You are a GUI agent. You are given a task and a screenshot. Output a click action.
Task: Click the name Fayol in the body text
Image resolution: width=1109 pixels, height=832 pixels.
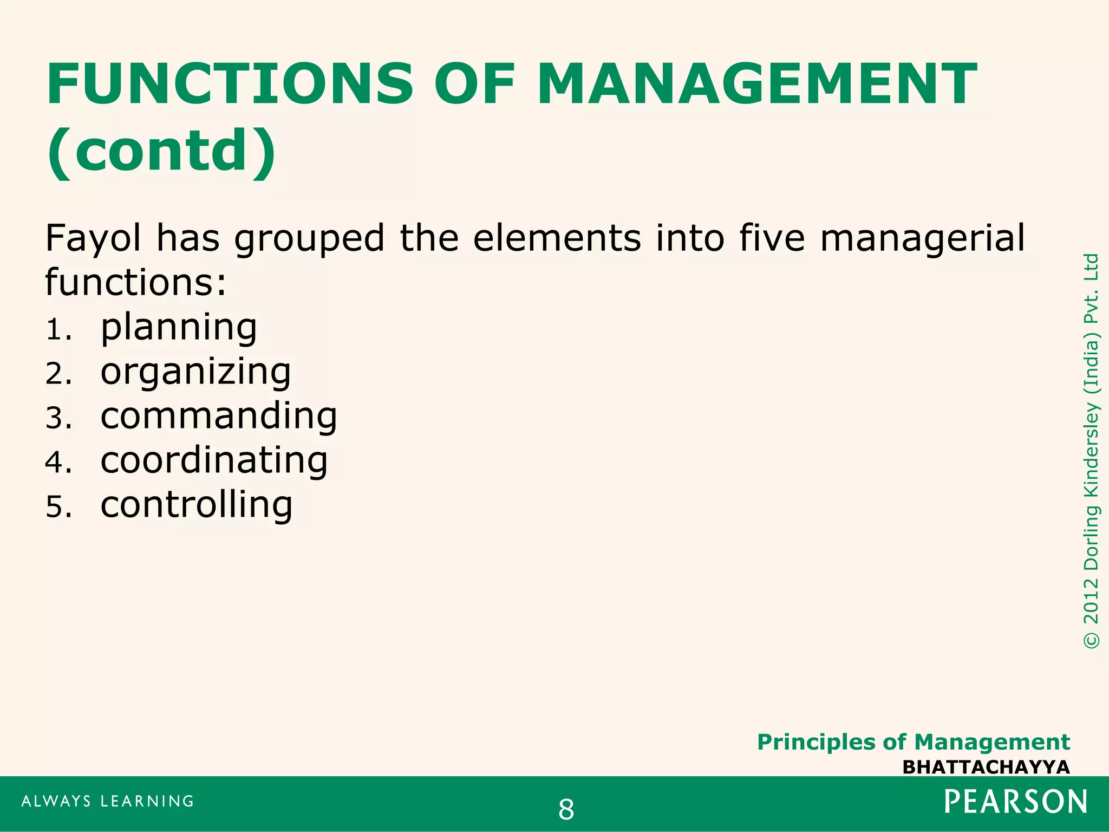click(x=93, y=238)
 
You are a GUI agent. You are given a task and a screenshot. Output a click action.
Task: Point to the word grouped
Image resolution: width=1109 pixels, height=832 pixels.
click(x=309, y=239)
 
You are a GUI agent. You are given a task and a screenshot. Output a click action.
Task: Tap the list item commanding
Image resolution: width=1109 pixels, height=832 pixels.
click(x=219, y=416)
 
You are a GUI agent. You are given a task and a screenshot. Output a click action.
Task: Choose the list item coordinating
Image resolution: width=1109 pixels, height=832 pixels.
click(x=214, y=461)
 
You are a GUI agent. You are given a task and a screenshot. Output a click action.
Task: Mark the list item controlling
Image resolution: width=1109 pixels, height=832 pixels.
click(x=197, y=505)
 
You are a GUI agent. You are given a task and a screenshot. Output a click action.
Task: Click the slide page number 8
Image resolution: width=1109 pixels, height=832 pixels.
click(x=566, y=810)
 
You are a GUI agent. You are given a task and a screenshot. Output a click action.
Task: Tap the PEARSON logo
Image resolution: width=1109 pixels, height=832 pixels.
click(x=1015, y=802)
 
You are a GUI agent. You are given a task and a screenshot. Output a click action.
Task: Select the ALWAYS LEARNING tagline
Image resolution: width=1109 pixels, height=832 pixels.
click(x=108, y=801)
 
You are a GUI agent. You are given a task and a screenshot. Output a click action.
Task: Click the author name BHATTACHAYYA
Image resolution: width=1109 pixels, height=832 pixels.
click(x=986, y=767)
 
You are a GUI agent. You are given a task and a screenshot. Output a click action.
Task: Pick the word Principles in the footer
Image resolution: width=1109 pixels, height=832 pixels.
click(x=816, y=742)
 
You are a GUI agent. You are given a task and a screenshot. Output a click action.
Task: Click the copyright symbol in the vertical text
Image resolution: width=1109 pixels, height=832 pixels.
click(x=1091, y=640)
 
